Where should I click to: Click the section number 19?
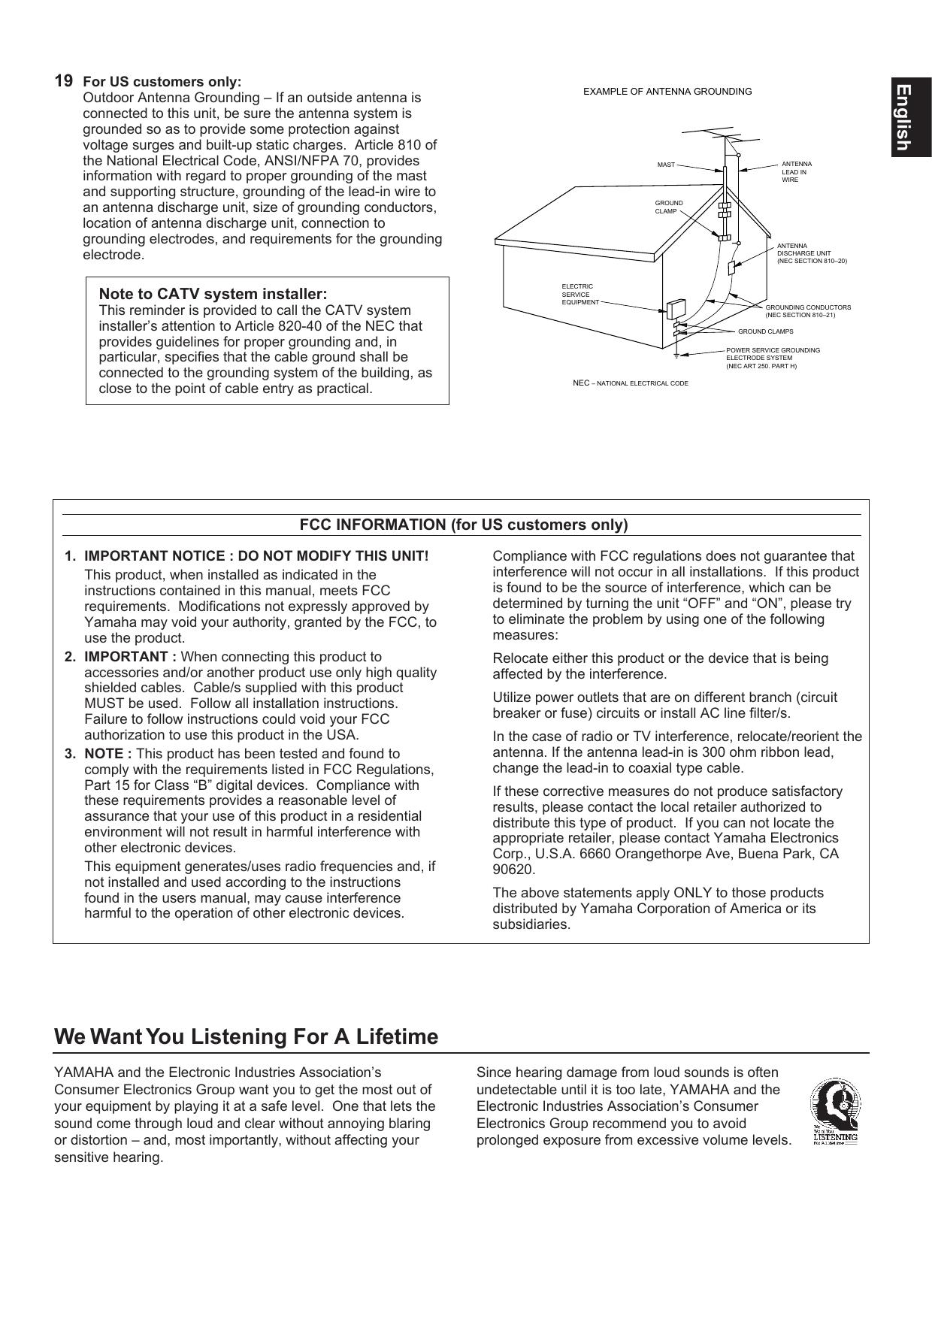point(64,80)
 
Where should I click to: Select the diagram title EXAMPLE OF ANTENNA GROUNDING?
point(667,92)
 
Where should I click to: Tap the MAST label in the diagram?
point(666,165)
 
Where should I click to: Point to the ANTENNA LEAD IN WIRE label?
point(796,172)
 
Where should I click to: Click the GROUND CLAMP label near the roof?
point(669,207)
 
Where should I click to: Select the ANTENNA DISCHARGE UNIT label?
point(811,253)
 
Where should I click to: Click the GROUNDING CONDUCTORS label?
point(807,311)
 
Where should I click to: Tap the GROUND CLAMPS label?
point(765,331)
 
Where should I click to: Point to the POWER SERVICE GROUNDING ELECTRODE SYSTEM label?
point(772,358)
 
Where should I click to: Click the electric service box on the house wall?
point(676,308)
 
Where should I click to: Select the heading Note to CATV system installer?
point(213,294)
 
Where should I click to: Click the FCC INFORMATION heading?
point(463,525)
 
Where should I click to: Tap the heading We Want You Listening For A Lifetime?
point(246,1037)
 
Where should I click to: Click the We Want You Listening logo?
point(834,1112)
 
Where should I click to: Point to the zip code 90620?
point(513,870)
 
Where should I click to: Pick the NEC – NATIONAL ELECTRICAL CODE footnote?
point(630,383)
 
